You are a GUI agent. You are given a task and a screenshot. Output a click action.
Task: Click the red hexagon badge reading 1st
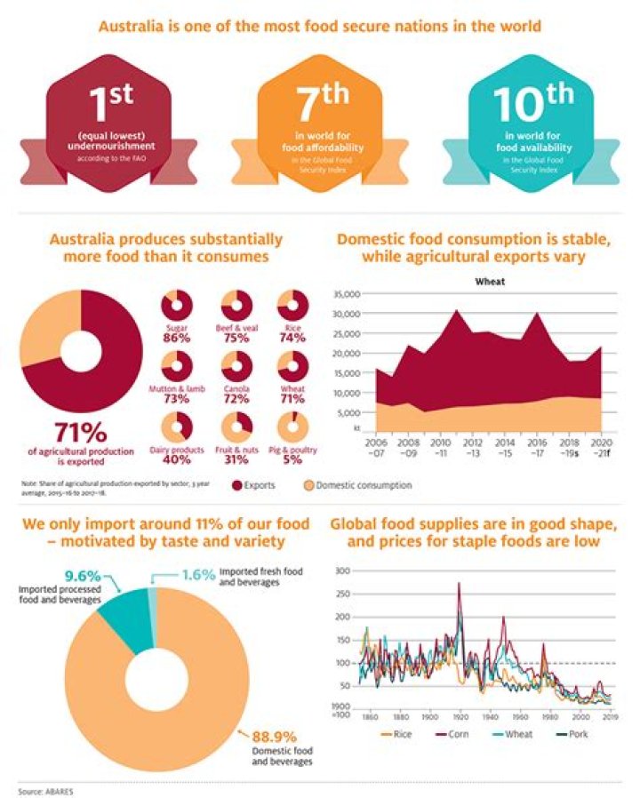click(x=108, y=124)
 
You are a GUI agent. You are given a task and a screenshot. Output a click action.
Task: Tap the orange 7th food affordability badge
click(x=322, y=124)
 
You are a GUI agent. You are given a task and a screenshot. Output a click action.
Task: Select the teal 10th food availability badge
click(x=531, y=124)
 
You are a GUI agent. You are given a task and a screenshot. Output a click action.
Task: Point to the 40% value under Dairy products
click(x=177, y=459)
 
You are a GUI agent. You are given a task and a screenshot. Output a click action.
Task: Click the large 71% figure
click(x=81, y=433)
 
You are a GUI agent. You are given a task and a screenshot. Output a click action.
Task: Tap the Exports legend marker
click(x=237, y=485)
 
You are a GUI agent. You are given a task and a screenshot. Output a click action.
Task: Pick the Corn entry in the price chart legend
click(x=452, y=734)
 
